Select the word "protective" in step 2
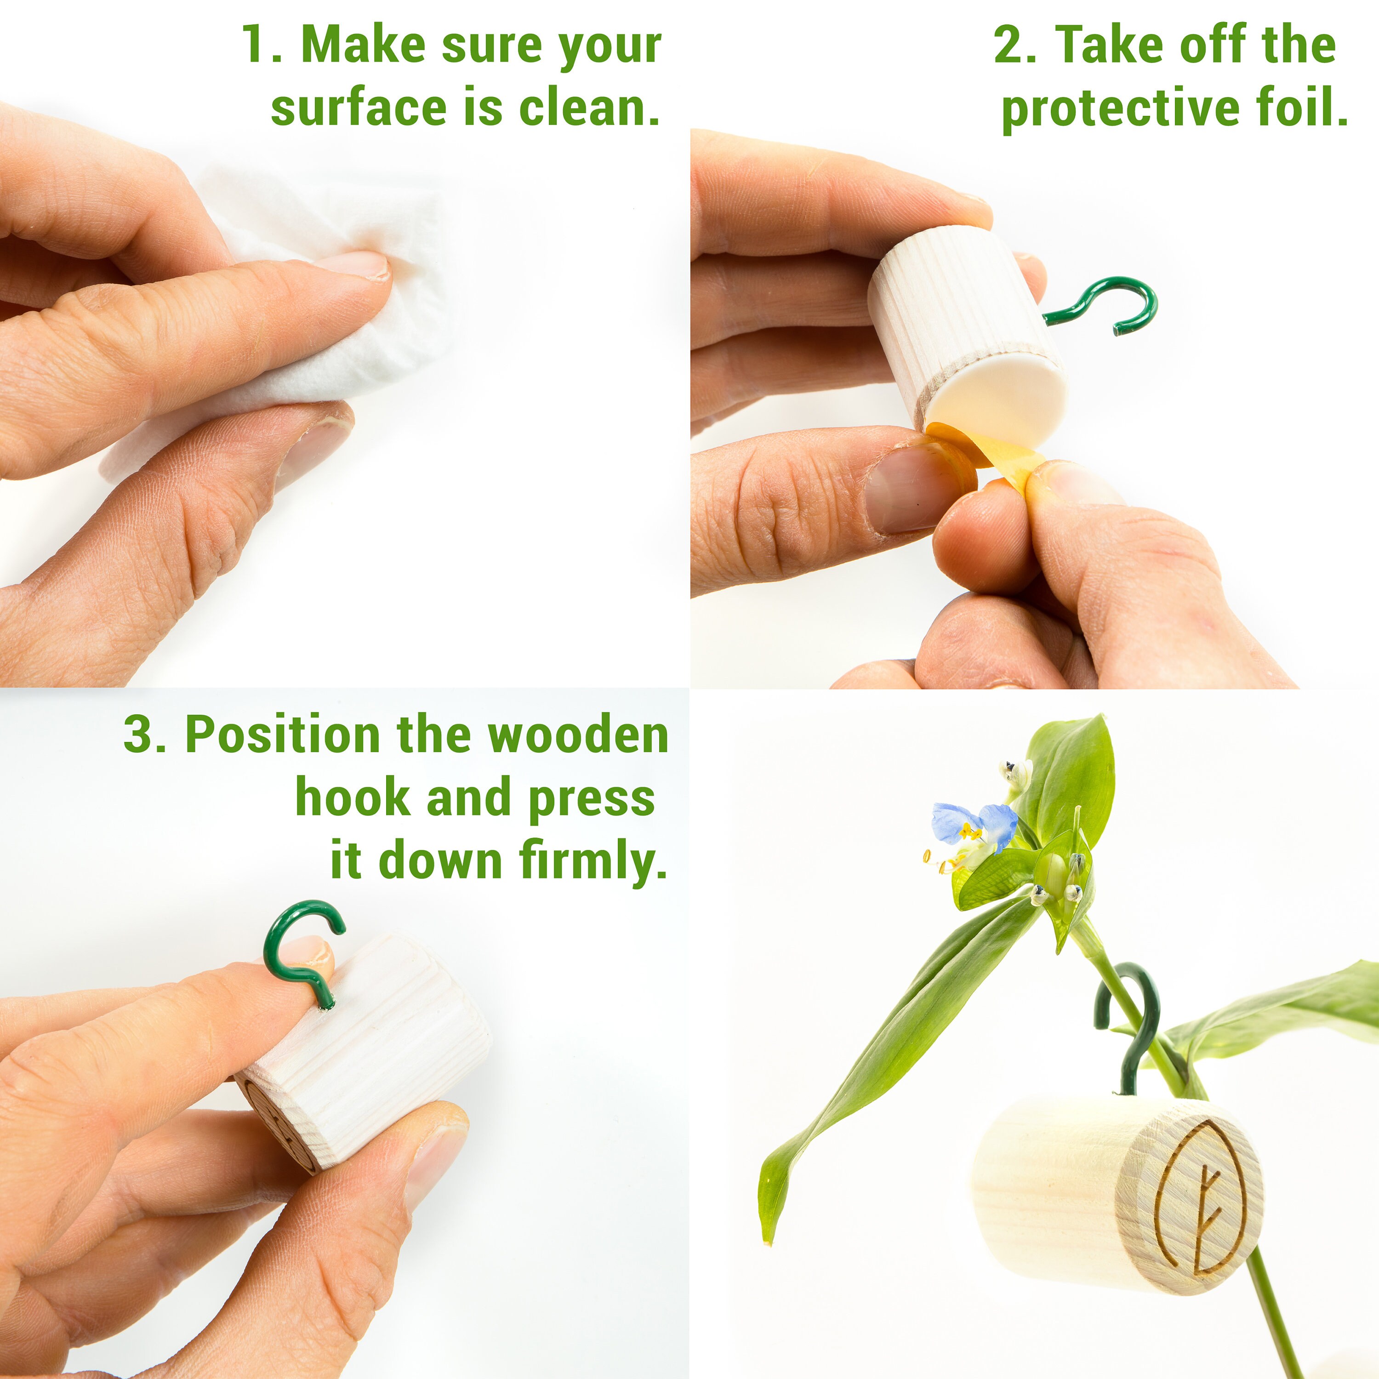click(x=1121, y=110)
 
